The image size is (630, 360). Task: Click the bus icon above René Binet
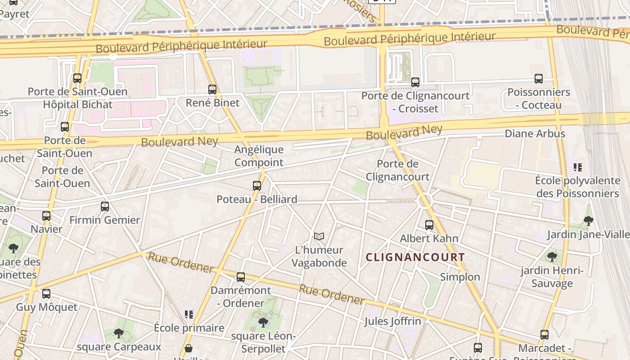212,90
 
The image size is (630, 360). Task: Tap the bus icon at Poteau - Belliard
257,185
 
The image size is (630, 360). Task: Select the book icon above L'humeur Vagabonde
319,236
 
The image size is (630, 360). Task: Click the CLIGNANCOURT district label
415,257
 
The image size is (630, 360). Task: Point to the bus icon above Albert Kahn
429,225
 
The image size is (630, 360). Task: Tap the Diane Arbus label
535,134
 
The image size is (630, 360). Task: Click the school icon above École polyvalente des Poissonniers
578,167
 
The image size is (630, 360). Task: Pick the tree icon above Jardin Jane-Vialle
588,220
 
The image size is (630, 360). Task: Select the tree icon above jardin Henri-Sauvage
552,256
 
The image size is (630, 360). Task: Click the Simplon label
460,277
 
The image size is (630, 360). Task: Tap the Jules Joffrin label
393,321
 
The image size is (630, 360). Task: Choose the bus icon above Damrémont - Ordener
241,277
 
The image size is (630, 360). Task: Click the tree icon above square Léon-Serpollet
263,322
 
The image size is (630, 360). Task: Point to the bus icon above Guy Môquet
46,294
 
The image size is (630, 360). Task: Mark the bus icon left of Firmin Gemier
105,207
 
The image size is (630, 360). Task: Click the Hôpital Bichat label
77,104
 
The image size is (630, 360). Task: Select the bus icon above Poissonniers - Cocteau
539,79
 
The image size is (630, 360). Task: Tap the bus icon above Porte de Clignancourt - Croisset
415,82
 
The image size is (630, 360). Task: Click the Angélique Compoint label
259,156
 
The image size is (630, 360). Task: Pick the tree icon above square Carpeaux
119,333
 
